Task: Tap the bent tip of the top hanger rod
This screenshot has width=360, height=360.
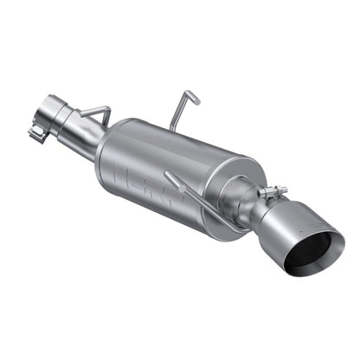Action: pos(196,97)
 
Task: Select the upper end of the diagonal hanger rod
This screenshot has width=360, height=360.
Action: pos(169,174)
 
